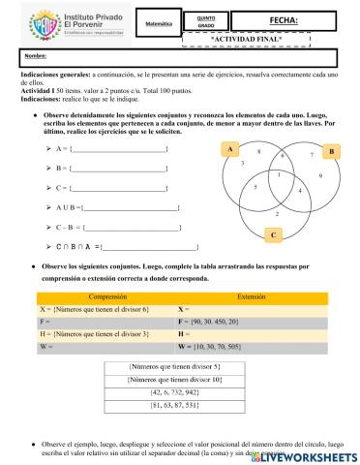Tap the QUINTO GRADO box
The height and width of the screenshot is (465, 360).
(x=206, y=21)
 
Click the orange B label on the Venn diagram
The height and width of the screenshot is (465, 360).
(x=330, y=152)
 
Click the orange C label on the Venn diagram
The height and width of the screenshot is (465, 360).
(x=273, y=234)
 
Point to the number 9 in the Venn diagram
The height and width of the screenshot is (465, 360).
(x=319, y=175)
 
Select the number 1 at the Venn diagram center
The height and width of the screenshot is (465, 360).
(x=277, y=175)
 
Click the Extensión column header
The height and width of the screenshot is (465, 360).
(x=251, y=297)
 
